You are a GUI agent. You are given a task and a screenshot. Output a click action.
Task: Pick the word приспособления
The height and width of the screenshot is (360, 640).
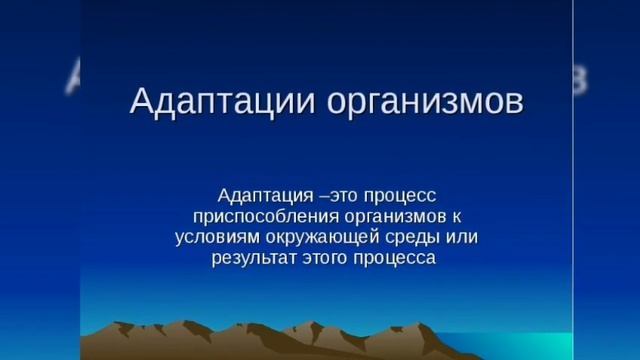click(246, 215)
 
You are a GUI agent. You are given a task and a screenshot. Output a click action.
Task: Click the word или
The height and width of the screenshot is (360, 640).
click(462, 237)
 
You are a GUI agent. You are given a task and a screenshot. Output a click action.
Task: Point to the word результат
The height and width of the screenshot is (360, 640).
click(251, 259)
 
